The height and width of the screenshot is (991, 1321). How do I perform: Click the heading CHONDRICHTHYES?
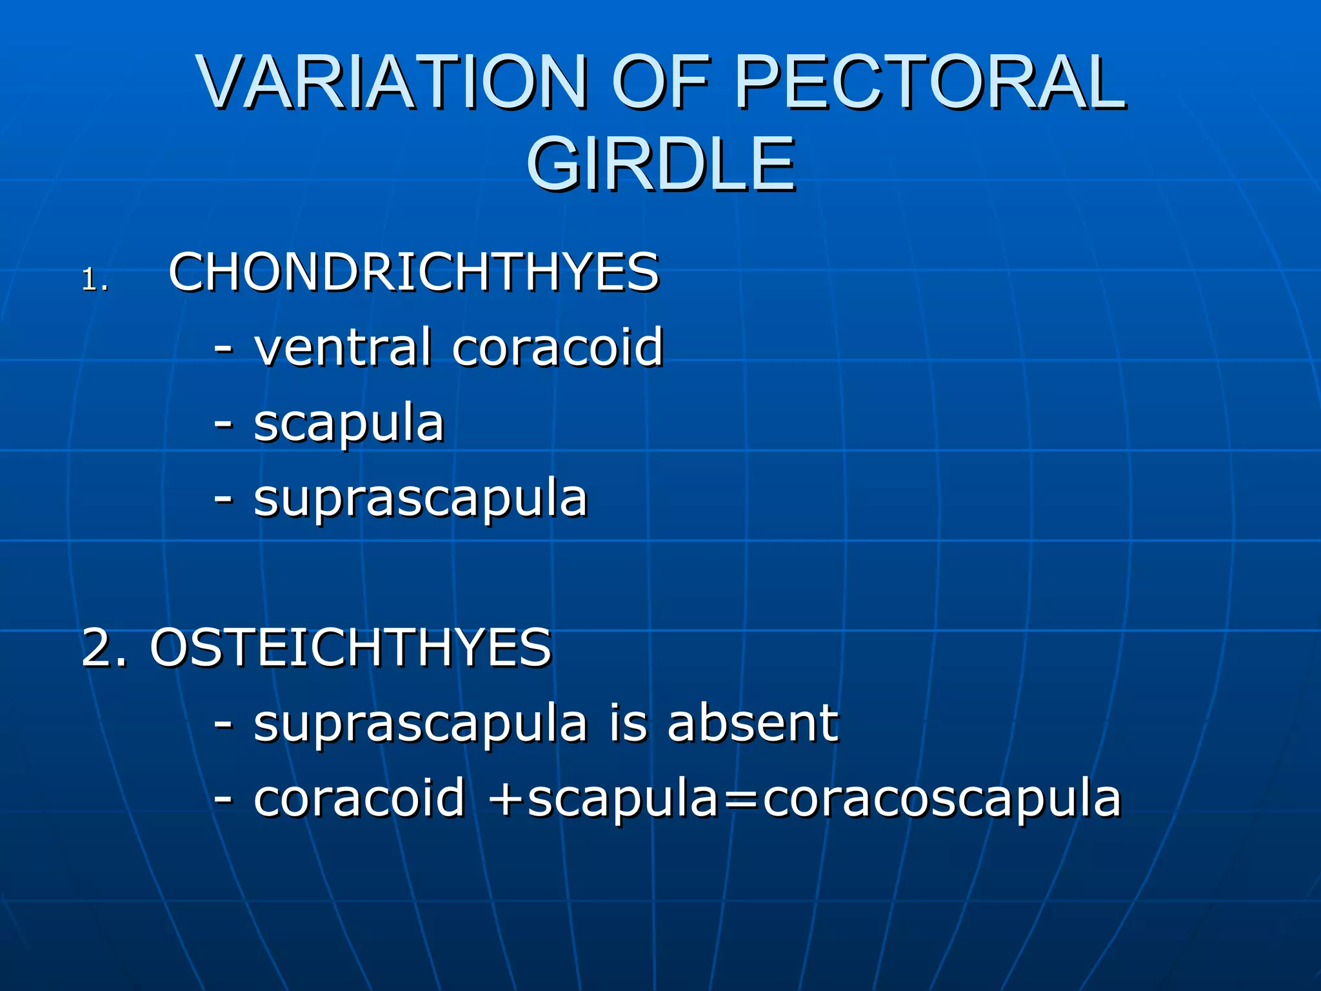413,272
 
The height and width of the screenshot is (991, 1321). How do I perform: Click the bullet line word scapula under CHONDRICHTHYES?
349,425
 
